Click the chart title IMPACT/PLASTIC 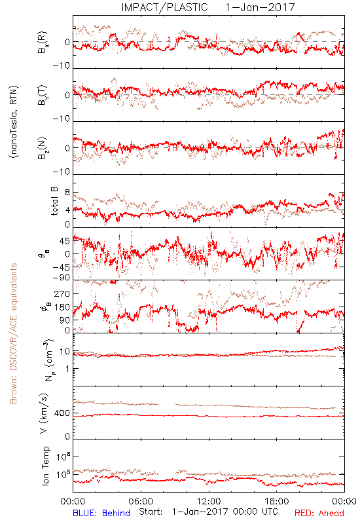coord(164,7)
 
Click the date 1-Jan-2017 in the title coord(260,7)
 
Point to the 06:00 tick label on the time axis coord(141,501)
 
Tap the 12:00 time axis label coord(209,501)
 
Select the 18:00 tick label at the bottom coord(277,501)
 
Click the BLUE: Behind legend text coord(101,513)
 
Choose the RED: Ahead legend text coord(319,513)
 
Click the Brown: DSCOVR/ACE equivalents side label coord(13,333)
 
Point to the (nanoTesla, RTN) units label coord(14,122)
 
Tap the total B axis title coord(54,201)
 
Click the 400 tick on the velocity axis coord(62,413)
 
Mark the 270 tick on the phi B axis coord(62,293)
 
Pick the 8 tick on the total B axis coord(67,193)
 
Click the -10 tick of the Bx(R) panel coord(62,65)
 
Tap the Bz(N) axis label coord(43,149)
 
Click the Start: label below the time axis coord(151,512)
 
